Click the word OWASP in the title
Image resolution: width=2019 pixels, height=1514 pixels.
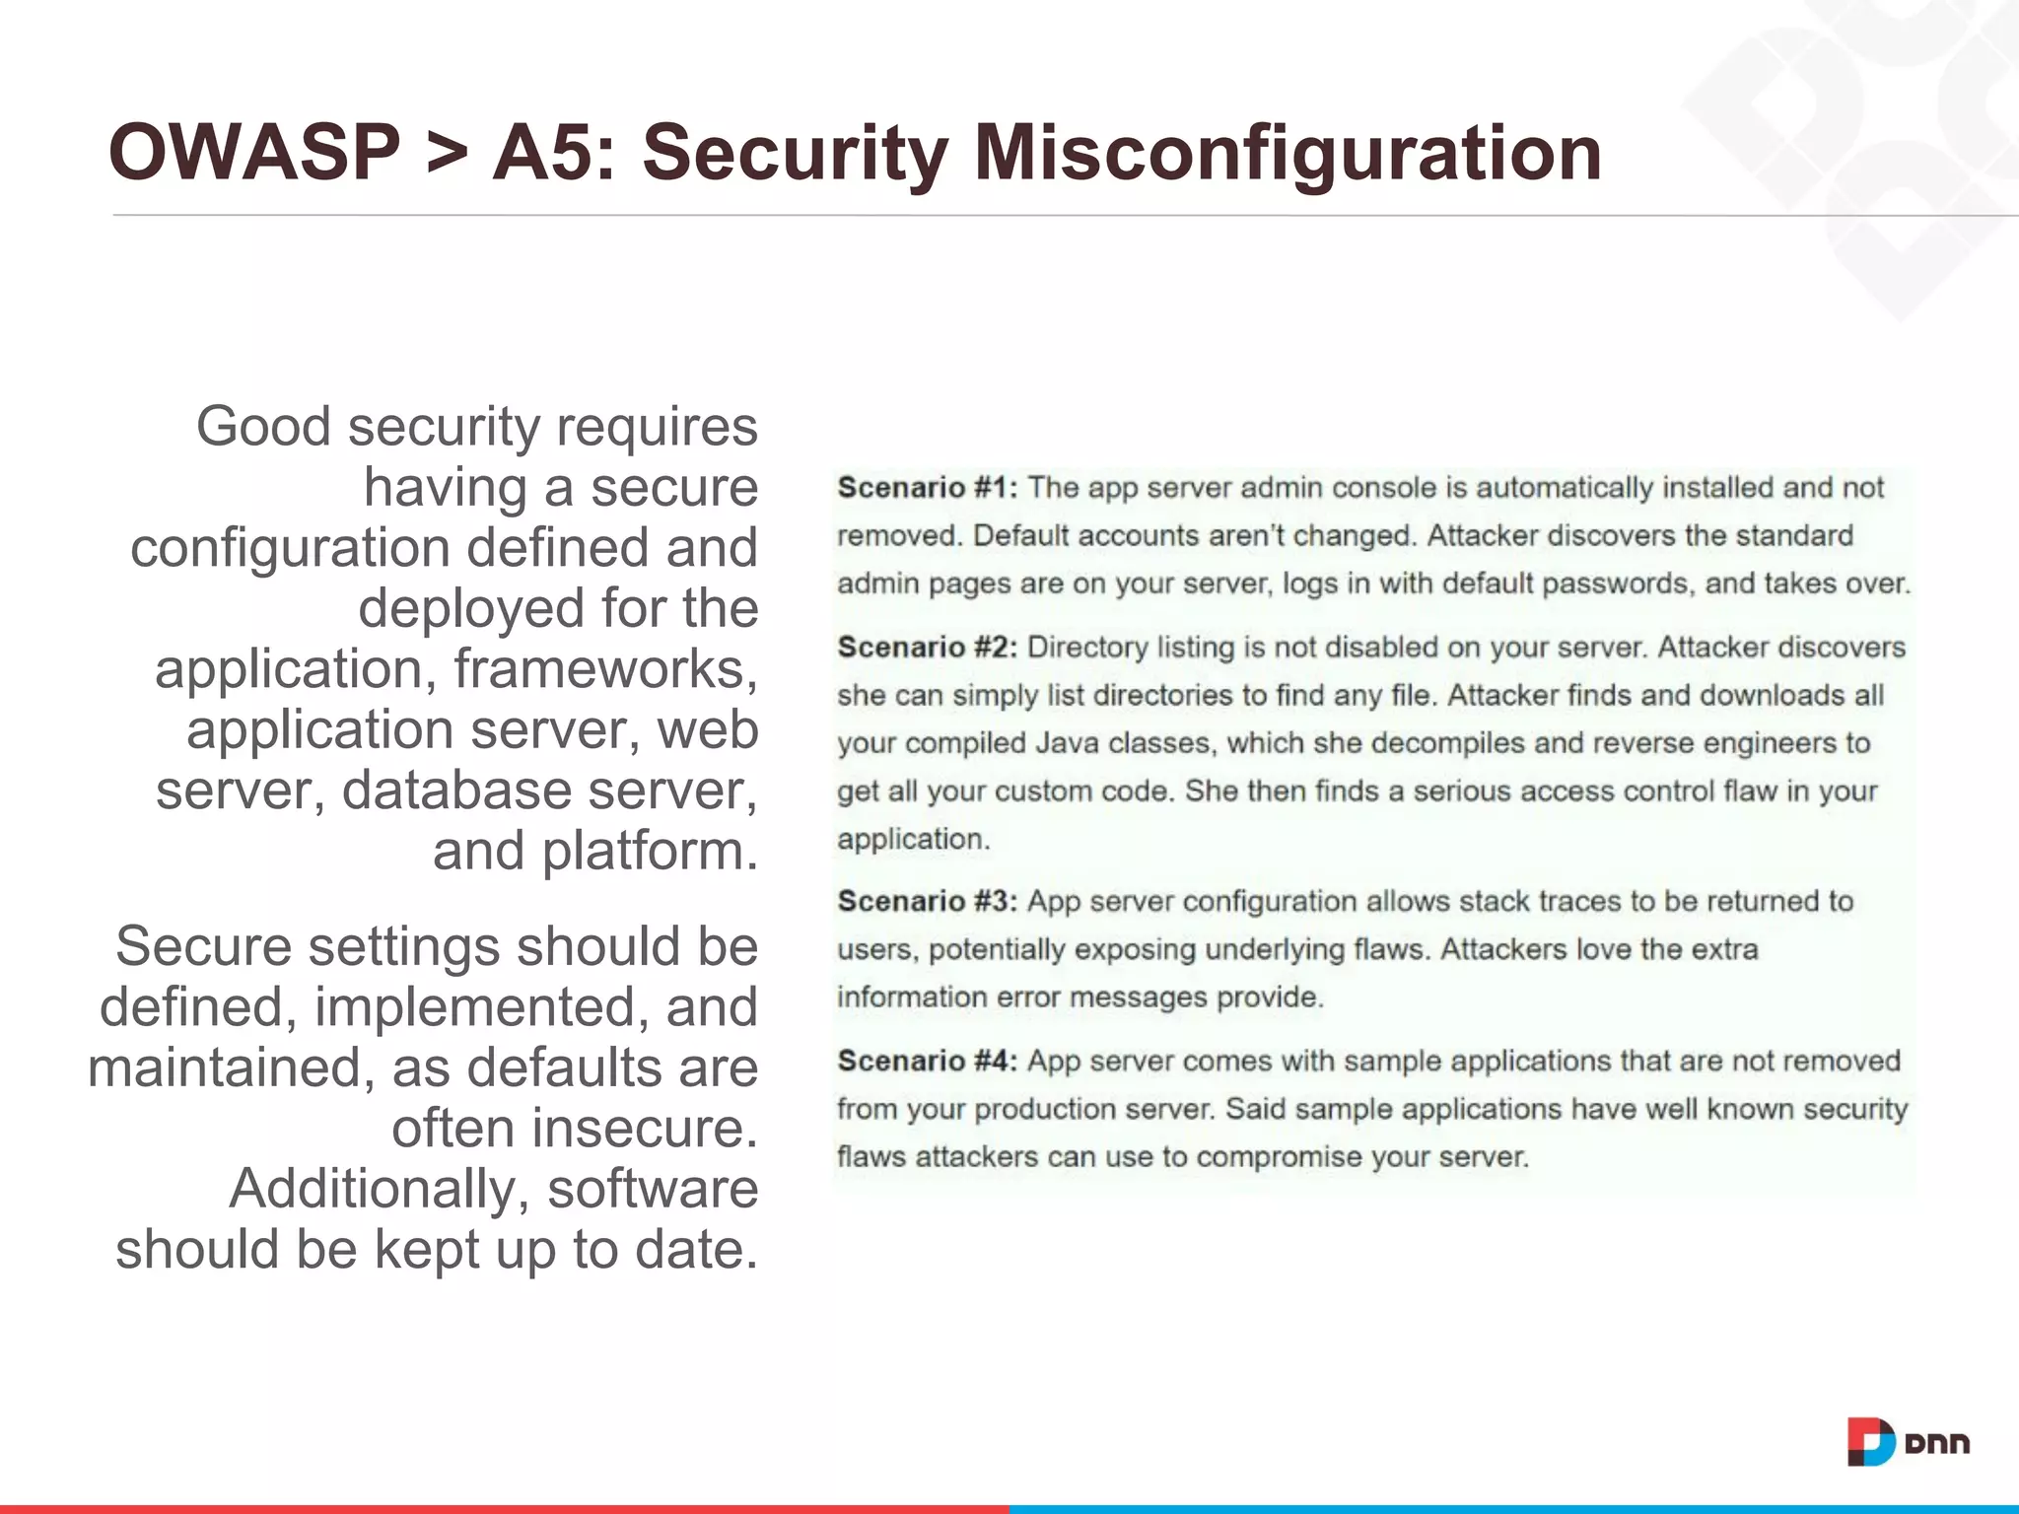pos(254,153)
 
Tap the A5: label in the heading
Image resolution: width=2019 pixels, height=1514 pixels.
pos(553,153)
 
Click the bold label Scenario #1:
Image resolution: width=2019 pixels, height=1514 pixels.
pos(927,488)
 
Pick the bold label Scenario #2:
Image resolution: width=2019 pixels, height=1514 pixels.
pos(927,648)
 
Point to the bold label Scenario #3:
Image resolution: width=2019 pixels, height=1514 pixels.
pos(927,902)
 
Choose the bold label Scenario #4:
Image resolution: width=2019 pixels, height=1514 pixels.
pos(927,1062)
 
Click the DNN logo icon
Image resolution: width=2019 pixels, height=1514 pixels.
pos(1870,1443)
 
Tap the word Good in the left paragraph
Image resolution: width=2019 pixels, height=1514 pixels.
pos(262,427)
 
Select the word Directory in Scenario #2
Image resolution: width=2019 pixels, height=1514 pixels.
pos(1087,648)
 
